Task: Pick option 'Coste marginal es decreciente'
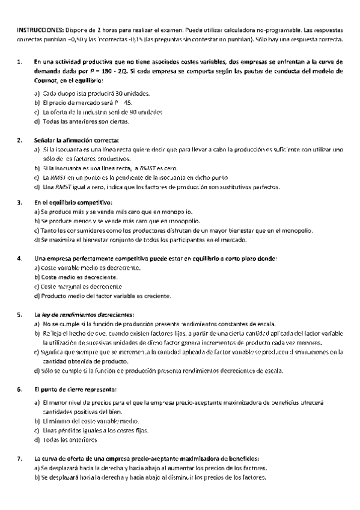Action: pyautogui.click(x=81, y=287)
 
